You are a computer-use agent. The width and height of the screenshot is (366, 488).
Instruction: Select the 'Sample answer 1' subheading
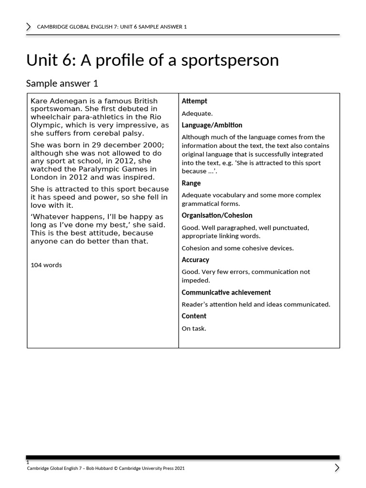point(62,83)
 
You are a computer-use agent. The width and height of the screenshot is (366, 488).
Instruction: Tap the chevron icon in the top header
point(29,27)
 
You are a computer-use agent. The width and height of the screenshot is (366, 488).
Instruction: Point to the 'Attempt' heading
point(194,101)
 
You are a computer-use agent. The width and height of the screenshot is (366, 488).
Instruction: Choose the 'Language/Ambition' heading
point(212,125)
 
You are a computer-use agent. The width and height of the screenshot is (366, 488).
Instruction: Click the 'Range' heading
point(191,183)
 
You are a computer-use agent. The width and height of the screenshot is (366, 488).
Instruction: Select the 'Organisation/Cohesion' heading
point(217,215)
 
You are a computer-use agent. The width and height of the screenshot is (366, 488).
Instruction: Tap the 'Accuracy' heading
point(195,260)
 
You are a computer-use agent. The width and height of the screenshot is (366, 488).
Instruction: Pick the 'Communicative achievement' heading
point(226,292)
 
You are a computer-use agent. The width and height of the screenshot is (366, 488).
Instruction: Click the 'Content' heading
point(194,316)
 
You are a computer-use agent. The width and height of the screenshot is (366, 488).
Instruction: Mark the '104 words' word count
point(46,265)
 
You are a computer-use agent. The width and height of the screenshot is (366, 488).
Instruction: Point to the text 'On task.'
point(194,328)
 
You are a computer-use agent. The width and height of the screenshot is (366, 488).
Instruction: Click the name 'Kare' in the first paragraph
point(39,101)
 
